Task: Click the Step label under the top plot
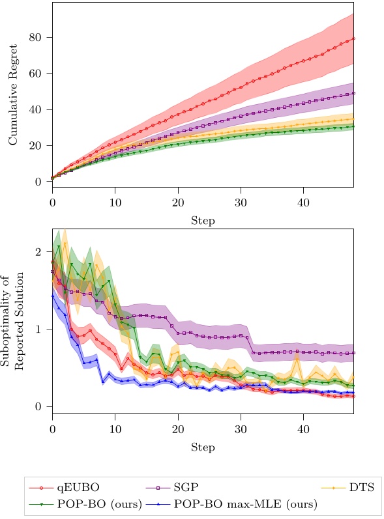tap(203, 221)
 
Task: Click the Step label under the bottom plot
tap(203, 447)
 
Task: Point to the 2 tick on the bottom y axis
tap(44, 252)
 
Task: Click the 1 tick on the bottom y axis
tap(44, 330)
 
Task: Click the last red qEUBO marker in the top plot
tap(353, 38)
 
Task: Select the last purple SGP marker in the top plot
tap(353, 93)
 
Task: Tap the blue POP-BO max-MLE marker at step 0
tap(52, 296)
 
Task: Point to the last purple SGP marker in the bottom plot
tap(353, 353)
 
